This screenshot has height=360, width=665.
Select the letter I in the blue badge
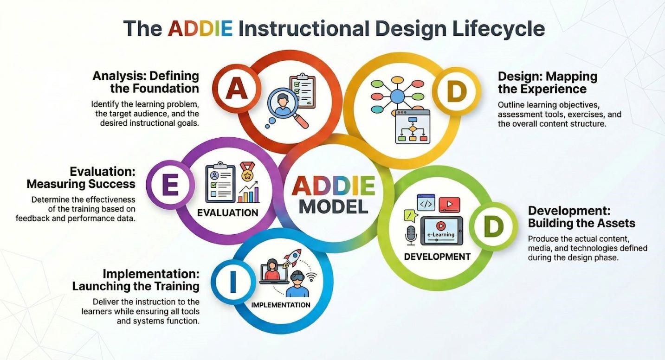233,281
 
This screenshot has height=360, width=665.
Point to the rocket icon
292,257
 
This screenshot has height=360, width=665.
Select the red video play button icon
449,205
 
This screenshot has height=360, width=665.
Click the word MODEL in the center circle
333,206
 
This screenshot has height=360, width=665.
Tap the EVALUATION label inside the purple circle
228,213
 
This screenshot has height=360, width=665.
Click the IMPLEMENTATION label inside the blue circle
281,305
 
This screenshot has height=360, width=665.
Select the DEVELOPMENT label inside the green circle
437,257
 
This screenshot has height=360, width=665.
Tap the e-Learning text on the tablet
441,234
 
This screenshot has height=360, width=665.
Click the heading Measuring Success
81,184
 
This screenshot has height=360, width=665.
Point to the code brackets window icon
426,202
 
